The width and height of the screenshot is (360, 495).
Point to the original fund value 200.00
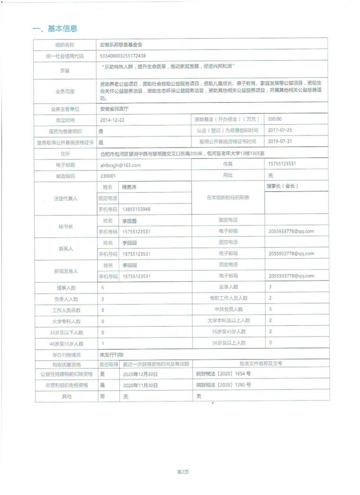(x=274, y=119)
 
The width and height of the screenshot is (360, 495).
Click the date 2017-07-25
(x=280, y=130)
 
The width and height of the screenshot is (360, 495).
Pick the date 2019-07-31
(x=280, y=141)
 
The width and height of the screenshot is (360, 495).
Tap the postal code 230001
(x=108, y=176)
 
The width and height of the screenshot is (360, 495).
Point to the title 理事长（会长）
(x=282, y=186)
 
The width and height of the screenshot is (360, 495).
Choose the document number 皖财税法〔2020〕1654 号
(x=224, y=374)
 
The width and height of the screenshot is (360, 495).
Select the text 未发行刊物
(x=111, y=355)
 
